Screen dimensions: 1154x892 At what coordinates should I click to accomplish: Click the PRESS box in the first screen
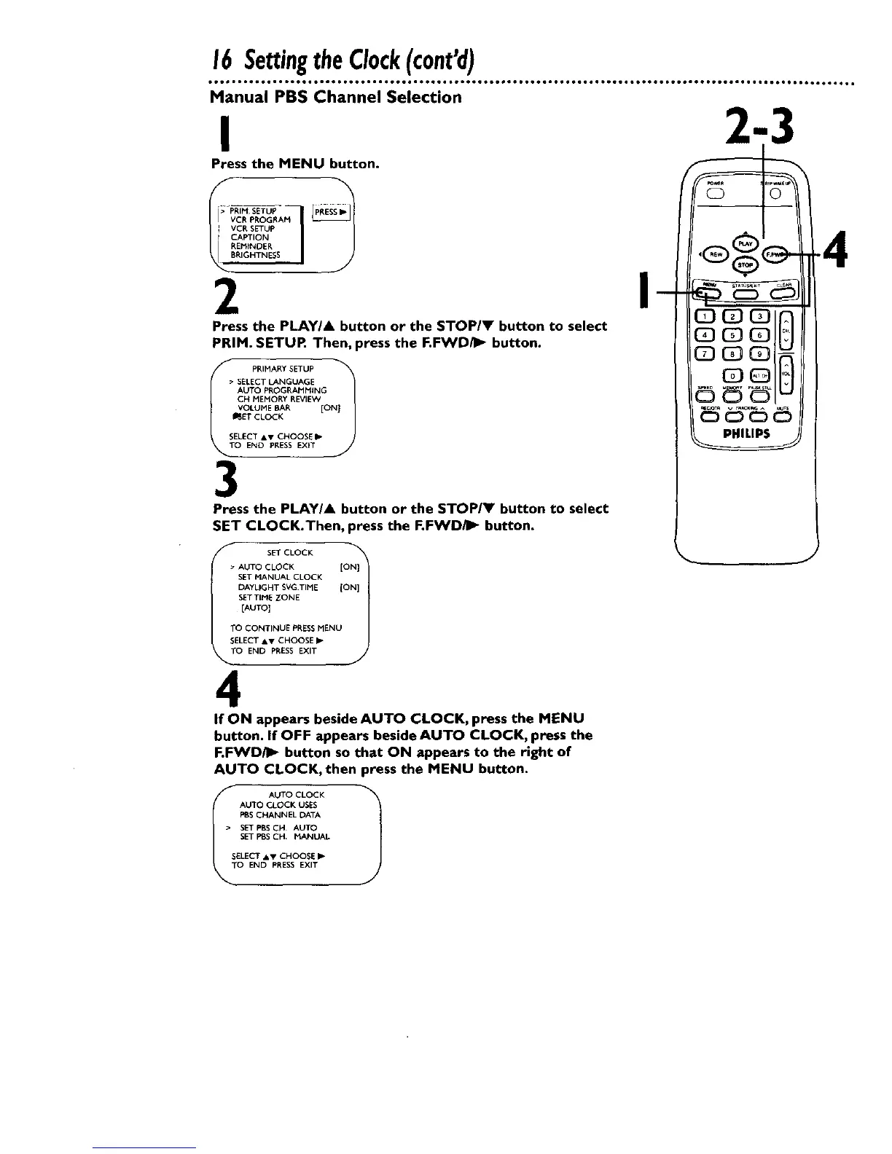[332, 212]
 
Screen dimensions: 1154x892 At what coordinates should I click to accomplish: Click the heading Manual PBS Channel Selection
[336, 97]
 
